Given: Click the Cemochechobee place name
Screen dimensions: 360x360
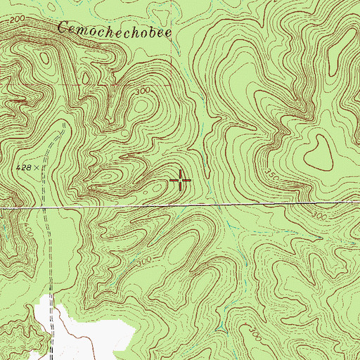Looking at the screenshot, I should tap(115, 30).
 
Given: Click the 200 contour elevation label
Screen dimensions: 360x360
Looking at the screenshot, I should tap(8, 22).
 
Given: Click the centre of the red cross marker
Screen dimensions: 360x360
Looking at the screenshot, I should tap(181, 181).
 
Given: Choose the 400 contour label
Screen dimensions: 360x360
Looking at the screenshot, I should tap(8, 231).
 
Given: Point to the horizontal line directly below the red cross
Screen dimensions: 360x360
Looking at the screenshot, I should tap(181, 205).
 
